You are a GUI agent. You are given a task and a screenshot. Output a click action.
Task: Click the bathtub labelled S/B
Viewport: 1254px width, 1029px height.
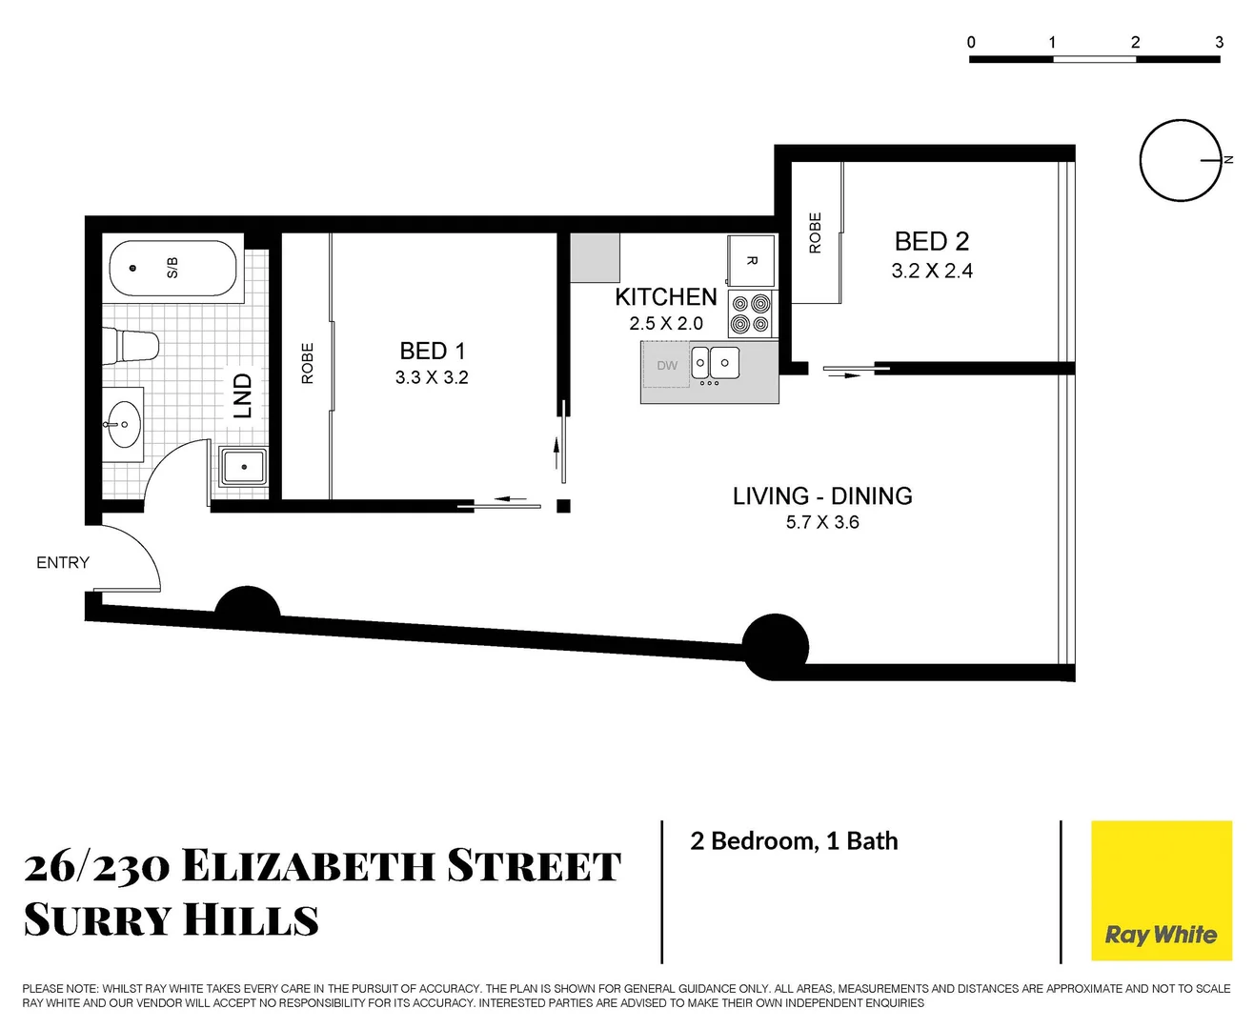coord(172,270)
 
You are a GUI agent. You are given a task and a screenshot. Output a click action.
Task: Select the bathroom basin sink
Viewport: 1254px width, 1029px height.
coord(124,424)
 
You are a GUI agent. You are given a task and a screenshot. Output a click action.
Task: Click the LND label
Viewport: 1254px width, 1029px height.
coord(243,395)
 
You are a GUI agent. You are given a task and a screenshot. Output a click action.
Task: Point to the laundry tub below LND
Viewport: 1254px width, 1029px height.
coord(245,467)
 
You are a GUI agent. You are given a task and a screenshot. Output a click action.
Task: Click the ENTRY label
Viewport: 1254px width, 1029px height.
coord(63,563)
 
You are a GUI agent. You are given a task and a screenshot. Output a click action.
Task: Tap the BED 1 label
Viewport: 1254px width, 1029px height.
coord(432,351)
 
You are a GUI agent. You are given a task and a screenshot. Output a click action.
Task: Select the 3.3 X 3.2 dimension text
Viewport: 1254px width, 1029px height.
coord(432,377)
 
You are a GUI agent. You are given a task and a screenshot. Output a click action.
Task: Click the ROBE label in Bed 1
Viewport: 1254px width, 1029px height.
coord(307,363)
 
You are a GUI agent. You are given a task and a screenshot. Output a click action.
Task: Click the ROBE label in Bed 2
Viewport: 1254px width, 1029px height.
coord(815,232)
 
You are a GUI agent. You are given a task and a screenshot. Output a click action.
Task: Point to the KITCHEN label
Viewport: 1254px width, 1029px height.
coord(665,297)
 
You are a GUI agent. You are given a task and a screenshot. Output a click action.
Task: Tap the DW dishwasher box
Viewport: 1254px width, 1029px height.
coord(667,366)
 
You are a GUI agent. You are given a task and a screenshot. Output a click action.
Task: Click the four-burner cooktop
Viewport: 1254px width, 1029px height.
coord(751,314)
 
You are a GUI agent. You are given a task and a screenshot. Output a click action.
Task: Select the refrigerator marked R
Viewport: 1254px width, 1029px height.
coord(751,260)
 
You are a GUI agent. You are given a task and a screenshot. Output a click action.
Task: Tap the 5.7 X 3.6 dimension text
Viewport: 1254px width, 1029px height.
coord(822,522)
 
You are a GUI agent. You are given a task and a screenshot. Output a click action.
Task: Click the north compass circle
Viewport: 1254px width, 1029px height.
coord(1180,160)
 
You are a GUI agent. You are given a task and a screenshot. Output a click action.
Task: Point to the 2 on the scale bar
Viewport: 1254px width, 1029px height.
coord(1135,42)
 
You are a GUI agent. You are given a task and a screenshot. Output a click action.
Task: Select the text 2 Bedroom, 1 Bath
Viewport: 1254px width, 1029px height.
coord(794,841)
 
